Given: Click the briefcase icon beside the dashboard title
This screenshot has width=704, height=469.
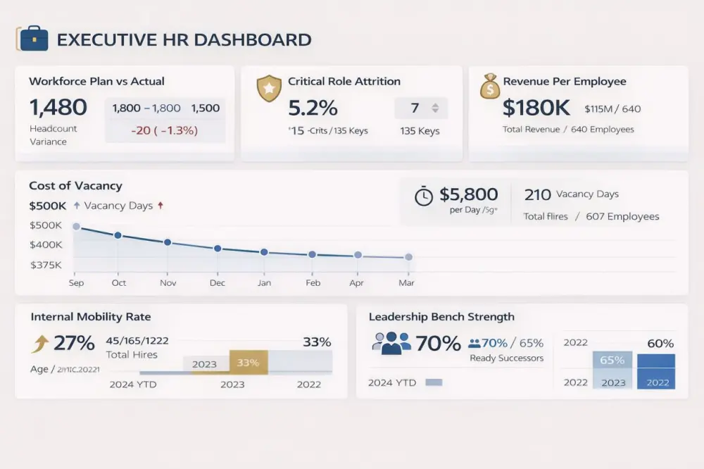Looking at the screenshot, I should pyautogui.click(x=33, y=39).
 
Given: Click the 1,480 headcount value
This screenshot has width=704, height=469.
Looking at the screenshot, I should pyautogui.click(x=58, y=108).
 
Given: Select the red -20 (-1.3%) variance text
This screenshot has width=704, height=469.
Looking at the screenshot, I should pyautogui.click(x=164, y=130).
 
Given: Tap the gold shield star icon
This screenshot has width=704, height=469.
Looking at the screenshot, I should pyautogui.click(x=268, y=89).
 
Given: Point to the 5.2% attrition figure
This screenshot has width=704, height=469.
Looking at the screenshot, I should pyautogui.click(x=313, y=108).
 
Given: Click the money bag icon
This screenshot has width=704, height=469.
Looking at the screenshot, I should pyautogui.click(x=489, y=87).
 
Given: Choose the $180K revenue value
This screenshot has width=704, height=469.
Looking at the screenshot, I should pyautogui.click(x=537, y=108).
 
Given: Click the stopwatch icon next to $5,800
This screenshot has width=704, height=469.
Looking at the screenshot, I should pyautogui.click(x=424, y=196).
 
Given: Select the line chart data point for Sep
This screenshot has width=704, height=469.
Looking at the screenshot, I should pyautogui.click(x=76, y=227).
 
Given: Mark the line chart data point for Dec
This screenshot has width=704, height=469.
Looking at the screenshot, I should pyautogui.click(x=218, y=249).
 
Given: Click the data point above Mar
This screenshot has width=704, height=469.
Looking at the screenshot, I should pyautogui.click(x=408, y=257).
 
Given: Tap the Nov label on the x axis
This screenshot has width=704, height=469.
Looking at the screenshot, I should pyautogui.click(x=168, y=283).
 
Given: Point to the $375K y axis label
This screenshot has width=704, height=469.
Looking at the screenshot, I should pyautogui.click(x=46, y=265).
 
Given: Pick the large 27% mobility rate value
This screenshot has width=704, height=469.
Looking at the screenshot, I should pyautogui.click(x=74, y=344).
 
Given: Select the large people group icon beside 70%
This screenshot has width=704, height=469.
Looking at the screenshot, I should pyautogui.click(x=391, y=343).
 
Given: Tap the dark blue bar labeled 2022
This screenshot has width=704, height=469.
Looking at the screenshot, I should pyautogui.click(x=656, y=371).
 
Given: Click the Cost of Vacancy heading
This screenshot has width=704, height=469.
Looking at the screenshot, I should pyautogui.click(x=75, y=186).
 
